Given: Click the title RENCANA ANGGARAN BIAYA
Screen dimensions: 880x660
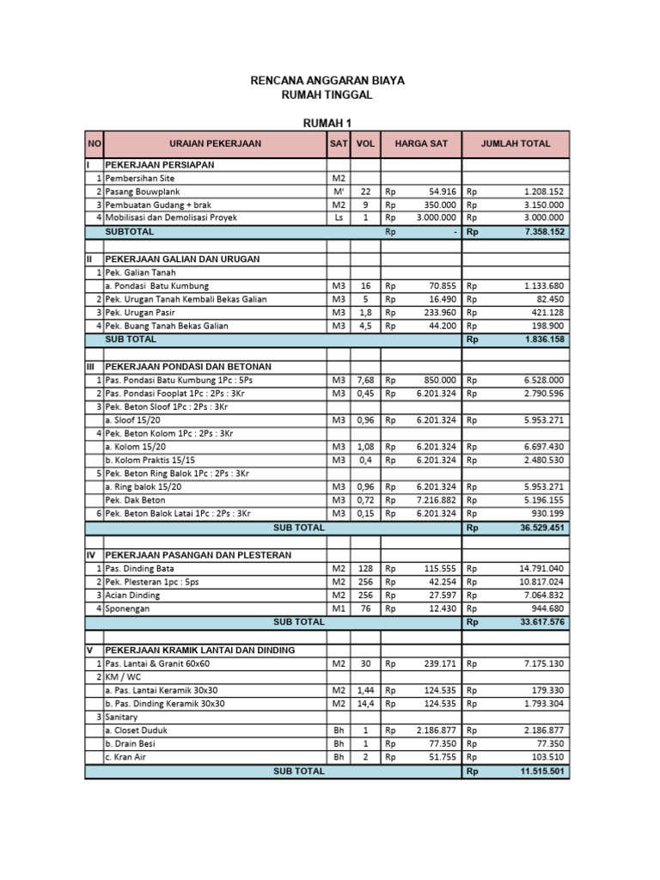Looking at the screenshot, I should coord(327,80).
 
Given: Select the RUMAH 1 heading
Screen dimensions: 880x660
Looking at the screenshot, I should coord(327,122).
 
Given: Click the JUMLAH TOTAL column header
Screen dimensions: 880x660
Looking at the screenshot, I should coord(516,144).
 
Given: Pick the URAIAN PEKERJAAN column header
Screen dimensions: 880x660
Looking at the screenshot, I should coord(215,144).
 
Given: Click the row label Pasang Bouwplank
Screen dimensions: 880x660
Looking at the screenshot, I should coord(143,192).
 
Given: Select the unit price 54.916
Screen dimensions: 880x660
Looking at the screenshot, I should coord(440,192).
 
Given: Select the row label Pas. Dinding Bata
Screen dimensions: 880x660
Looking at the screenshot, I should coord(139,568).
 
